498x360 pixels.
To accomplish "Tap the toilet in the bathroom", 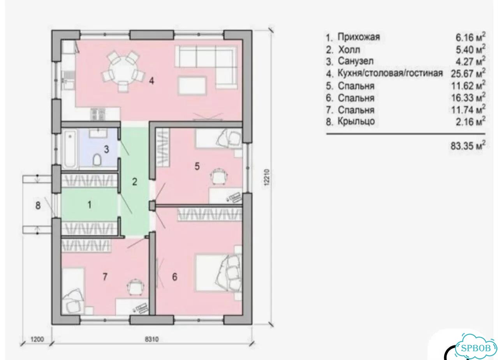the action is [97, 160].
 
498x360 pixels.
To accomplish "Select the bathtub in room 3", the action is [70, 149].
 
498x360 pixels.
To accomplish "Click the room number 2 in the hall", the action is [134, 182].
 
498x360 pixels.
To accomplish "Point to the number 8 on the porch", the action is [38, 205].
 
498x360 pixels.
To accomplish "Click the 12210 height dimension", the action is [267, 177].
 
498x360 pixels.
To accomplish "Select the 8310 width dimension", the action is [152, 339].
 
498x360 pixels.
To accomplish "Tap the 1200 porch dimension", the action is [37, 339].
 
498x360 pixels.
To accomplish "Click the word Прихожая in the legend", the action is [359, 37].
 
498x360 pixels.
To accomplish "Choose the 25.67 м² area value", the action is [468, 73].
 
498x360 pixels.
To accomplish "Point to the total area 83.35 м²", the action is [468, 146].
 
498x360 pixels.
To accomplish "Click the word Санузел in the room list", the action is [356, 61].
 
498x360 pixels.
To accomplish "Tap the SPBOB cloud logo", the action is [475, 348].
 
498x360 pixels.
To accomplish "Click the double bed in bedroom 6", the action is [218, 273].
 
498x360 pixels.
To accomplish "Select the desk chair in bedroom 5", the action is [219, 176].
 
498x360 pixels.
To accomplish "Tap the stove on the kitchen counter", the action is [98, 115].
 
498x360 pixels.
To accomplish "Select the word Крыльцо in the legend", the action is [356, 121].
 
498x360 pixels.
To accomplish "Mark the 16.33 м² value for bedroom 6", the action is [468, 98].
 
